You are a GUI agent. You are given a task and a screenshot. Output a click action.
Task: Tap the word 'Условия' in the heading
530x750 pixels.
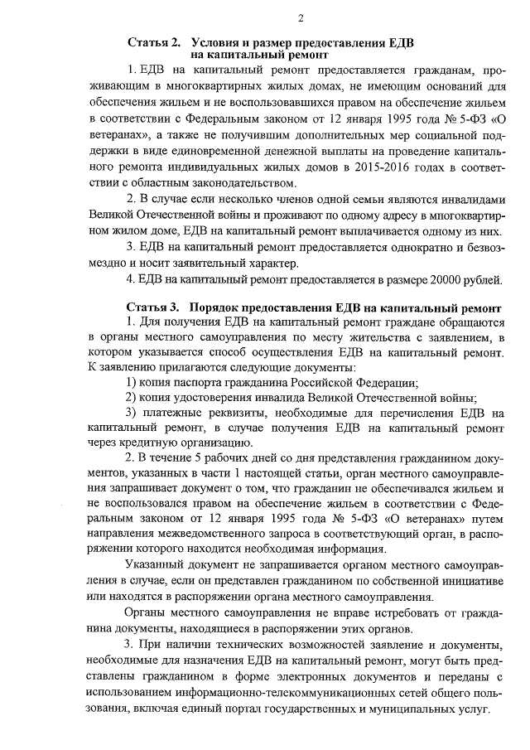coord(218,41)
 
